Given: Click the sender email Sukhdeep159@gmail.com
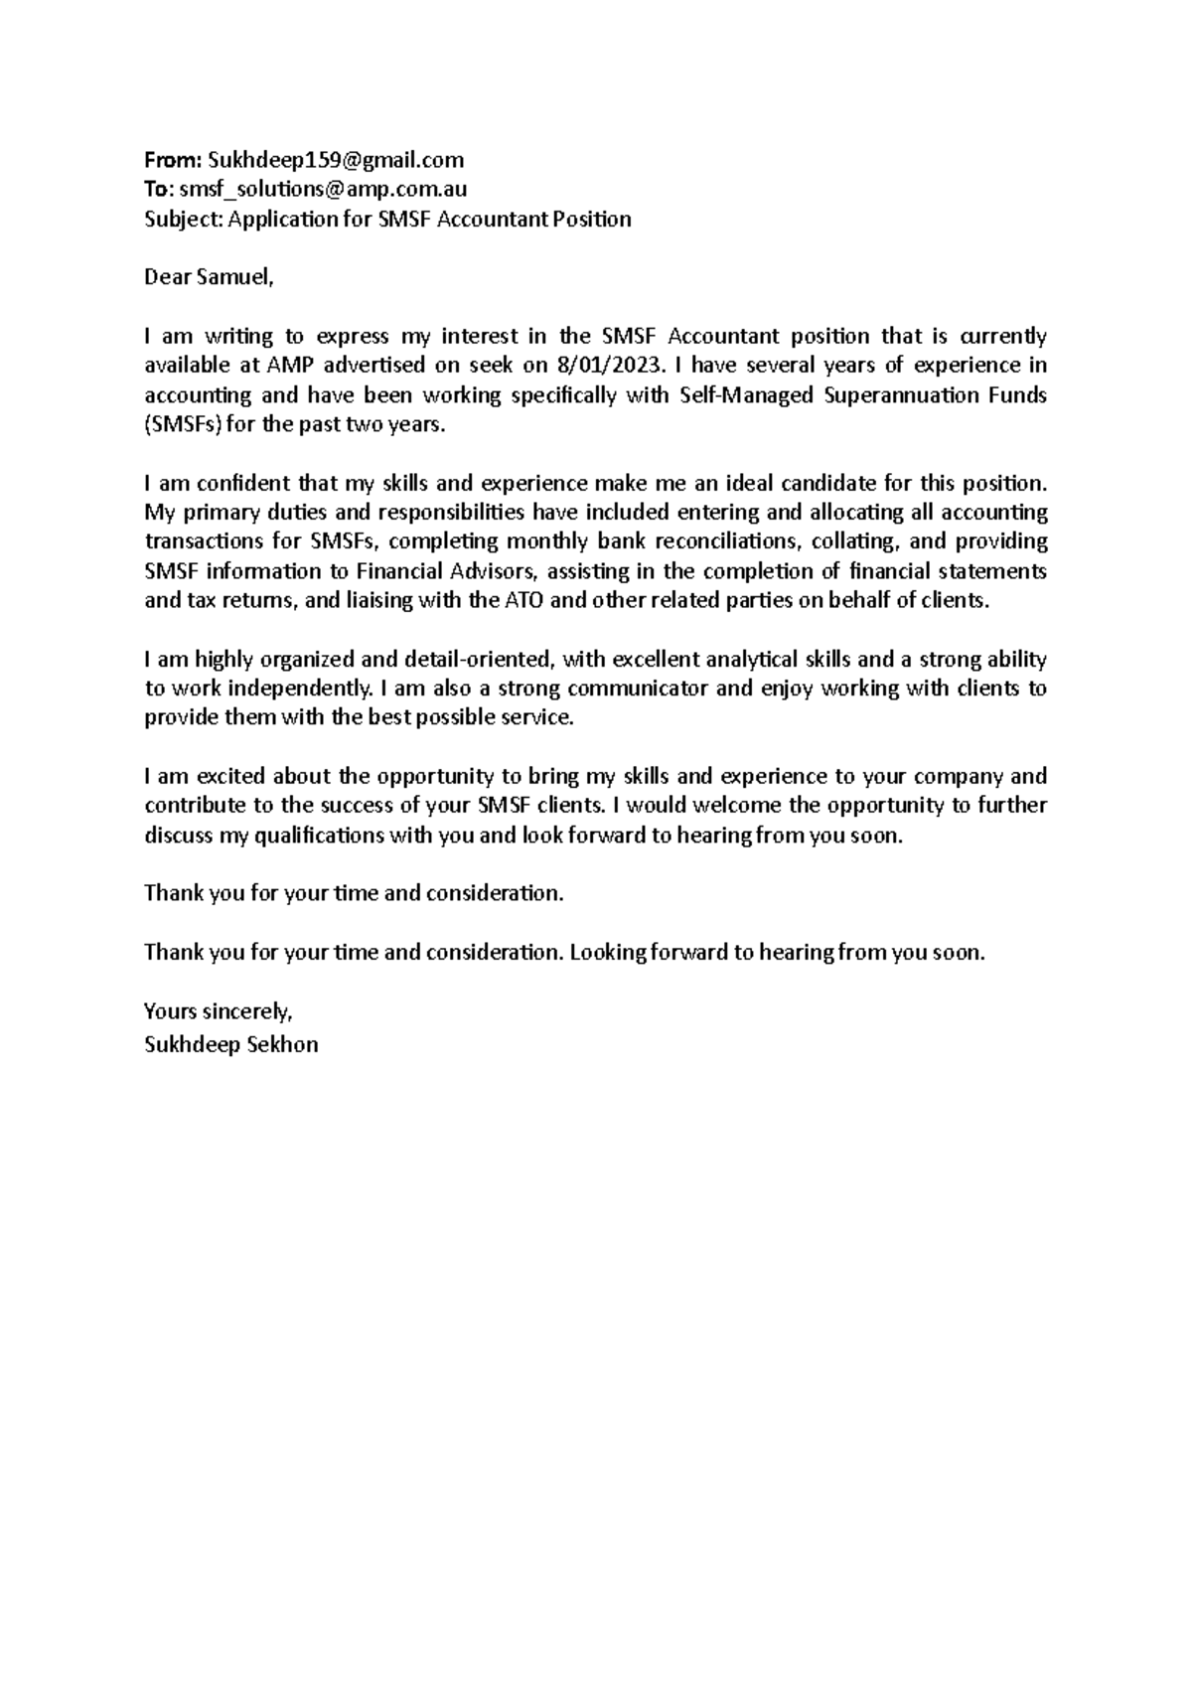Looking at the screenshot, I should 336,160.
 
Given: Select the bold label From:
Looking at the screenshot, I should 174,160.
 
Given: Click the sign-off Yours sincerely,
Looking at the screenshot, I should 219,1011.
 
